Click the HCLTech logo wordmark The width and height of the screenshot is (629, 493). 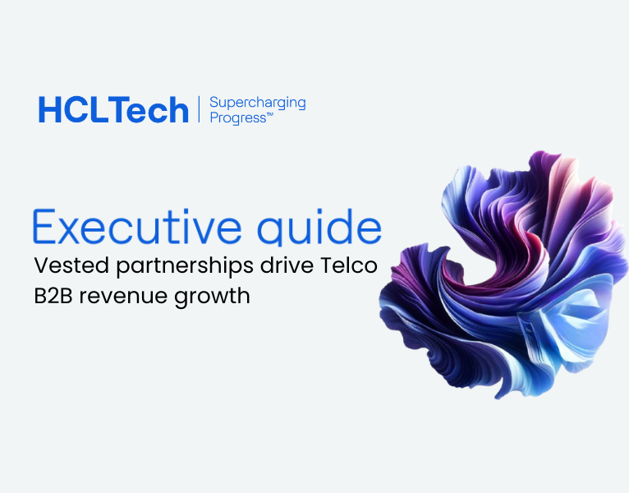pyautogui.click(x=113, y=110)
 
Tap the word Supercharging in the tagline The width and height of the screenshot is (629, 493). pyautogui.click(x=257, y=103)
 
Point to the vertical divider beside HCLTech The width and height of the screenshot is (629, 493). pyautogui.click(x=199, y=109)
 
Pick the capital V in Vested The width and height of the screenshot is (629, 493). pyautogui.click(x=41, y=266)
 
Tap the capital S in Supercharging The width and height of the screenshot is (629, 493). pyautogui.click(x=214, y=103)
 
